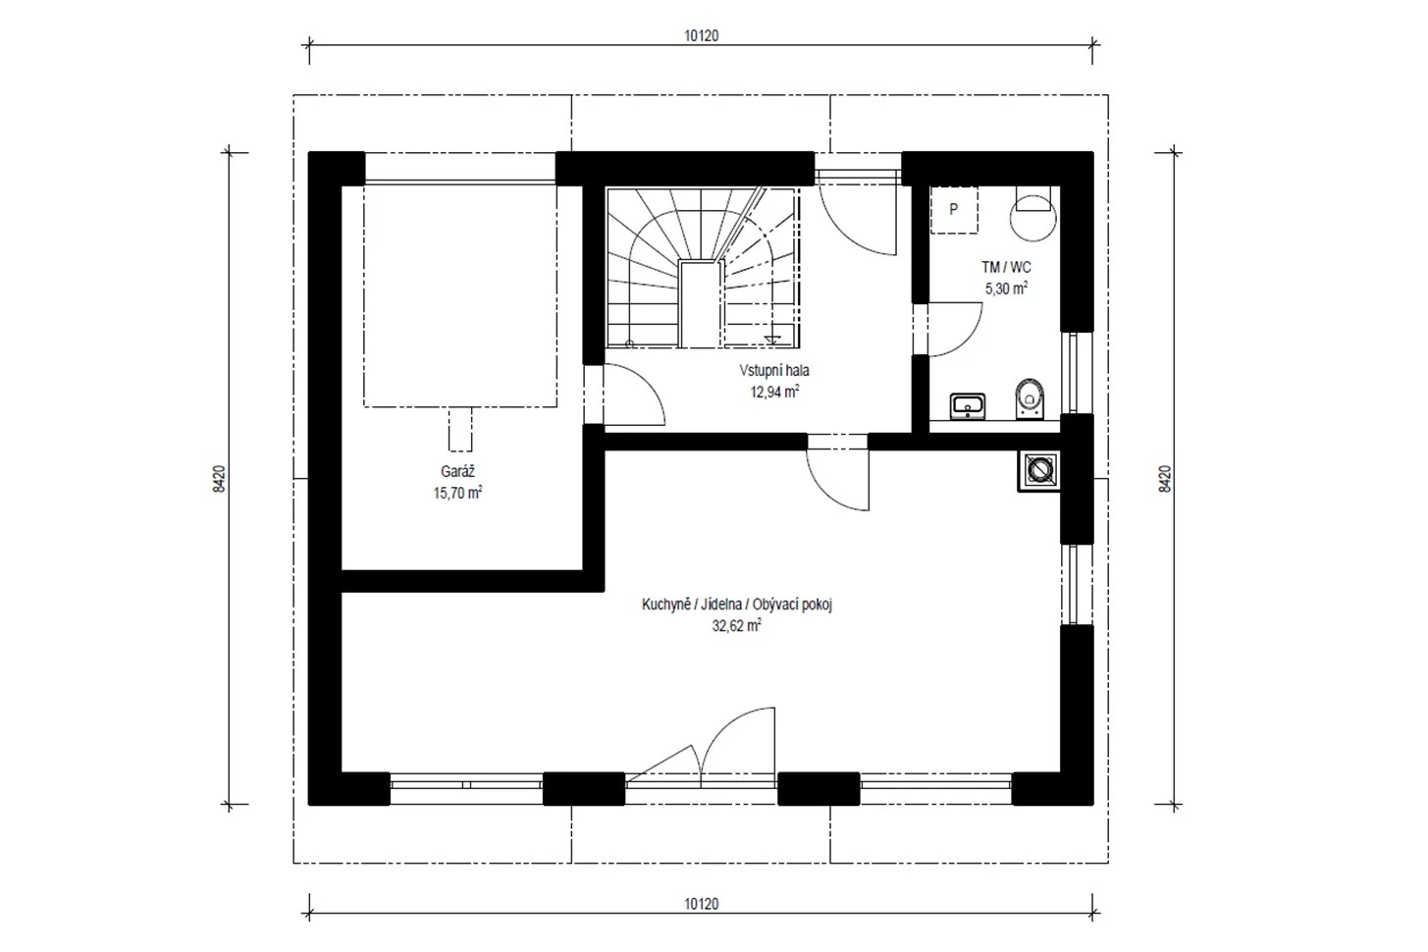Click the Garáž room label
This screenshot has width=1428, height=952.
click(457, 472)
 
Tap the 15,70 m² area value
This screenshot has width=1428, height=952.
click(457, 493)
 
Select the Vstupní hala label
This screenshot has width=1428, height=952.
click(774, 370)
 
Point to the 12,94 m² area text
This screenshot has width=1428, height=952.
click(774, 392)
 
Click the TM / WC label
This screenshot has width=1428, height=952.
click(1006, 267)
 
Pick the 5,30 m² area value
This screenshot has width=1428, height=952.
click(1006, 289)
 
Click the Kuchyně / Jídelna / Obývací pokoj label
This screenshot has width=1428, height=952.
click(737, 605)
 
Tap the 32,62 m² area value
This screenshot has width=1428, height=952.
click(736, 625)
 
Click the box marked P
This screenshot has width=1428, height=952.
click(954, 210)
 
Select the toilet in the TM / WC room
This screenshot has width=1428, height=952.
click(1031, 398)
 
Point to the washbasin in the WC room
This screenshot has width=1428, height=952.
click(968, 406)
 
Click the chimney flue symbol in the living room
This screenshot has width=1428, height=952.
click(1039, 471)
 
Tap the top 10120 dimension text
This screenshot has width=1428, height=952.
click(702, 35)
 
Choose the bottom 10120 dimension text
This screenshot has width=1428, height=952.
click(702, 904)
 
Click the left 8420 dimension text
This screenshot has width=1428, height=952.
click(219, 478)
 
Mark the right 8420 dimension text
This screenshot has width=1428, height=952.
click(1165, 478)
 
